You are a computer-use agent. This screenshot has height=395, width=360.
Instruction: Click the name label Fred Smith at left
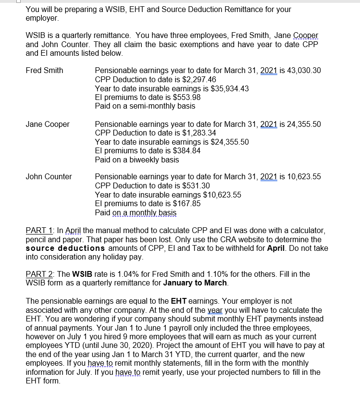pos(44,71)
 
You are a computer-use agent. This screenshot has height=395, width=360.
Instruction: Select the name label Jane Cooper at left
pos(47,124)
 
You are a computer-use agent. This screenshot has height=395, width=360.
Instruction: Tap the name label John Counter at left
pos(49,177)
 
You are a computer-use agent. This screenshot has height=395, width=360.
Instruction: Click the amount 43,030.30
pos(304,71)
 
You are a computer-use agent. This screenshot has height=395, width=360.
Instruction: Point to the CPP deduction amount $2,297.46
pos(192,79)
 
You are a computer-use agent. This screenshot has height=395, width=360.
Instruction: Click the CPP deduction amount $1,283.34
pos(192,133)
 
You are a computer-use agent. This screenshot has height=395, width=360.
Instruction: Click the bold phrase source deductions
pos(65,248)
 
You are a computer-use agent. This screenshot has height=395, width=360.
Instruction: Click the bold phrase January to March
pos(195,283)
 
